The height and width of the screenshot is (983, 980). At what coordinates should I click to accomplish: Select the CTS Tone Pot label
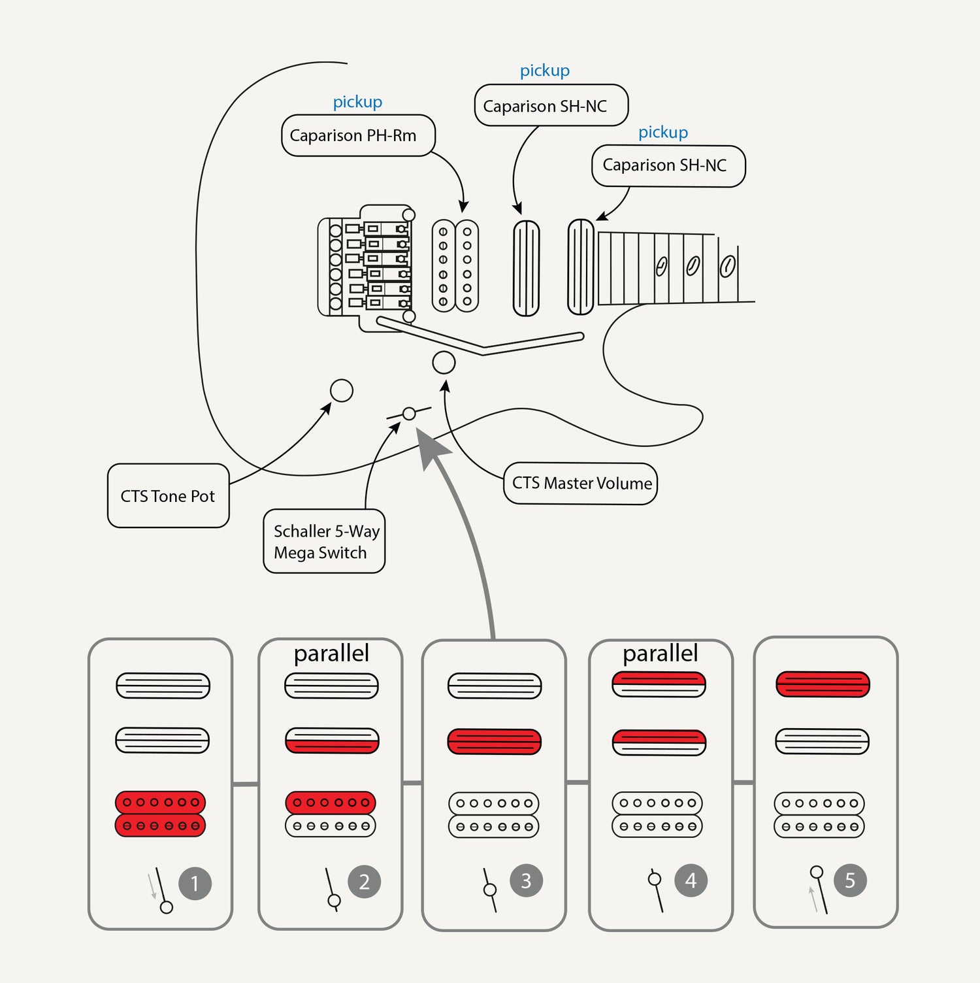point(168,496)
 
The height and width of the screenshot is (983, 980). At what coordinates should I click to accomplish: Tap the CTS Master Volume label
point(580,484)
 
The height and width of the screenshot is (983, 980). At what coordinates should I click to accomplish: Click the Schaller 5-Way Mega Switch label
point(324,541)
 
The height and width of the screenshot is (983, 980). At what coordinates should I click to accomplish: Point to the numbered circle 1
point(195,884)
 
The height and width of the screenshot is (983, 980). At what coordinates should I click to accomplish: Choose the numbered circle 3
point(526,880)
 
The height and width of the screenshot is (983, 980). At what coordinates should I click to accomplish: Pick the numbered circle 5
point(850,880)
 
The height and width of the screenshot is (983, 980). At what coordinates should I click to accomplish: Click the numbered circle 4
point(691,880)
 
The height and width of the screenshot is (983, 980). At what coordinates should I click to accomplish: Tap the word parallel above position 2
point(331,653)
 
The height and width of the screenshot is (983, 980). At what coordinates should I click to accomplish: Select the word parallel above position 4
point(660,653)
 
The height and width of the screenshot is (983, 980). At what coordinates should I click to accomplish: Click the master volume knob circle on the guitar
point(444,363)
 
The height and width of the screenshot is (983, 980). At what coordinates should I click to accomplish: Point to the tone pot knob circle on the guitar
point(341,391)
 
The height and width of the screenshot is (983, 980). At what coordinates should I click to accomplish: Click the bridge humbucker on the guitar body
point(455,266)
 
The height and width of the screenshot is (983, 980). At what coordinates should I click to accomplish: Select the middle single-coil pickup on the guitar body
point(526,268)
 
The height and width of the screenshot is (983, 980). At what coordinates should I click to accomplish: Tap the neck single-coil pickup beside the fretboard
point(580,267)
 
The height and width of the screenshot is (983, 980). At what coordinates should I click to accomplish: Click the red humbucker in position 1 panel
point(161,814)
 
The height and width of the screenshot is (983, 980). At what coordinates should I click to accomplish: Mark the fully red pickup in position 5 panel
point(823,684)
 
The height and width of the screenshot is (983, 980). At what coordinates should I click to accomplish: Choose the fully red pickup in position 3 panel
point(494,742)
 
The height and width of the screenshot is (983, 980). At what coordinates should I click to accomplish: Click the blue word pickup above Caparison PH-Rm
point(357,102)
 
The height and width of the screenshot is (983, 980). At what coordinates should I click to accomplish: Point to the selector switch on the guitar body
point(409,413)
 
